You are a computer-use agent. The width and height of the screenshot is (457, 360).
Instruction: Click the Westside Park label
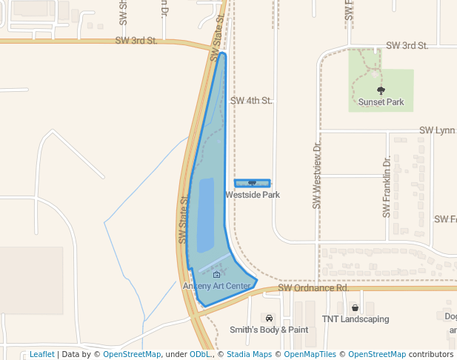pos(253,195)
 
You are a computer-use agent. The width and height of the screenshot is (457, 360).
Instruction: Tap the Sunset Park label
pos(381,102)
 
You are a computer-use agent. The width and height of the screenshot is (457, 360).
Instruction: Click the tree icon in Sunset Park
pos(381,91)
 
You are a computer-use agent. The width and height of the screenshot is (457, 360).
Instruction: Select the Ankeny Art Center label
pos(217,286)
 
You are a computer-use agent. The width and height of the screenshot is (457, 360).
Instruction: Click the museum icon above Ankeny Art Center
pos(216,275)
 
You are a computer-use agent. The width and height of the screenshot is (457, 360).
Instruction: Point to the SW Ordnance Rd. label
pos(313,287)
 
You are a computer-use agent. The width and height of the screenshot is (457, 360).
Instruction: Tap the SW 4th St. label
pos(251,100)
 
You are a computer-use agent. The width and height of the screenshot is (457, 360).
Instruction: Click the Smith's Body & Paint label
pos(269,330)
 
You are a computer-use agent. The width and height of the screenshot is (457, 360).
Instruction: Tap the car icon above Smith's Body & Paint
pos(269,319)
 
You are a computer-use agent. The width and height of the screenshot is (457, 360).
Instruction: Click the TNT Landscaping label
pos(355,319)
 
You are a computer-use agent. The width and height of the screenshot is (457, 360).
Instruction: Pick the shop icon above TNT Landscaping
pos(355,307)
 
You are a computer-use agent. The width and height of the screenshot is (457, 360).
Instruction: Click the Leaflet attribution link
pos(41,354)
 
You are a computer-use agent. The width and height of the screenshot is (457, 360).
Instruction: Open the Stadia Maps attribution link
pos(249,354)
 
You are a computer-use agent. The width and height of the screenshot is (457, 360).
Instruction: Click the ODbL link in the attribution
pos(201,354)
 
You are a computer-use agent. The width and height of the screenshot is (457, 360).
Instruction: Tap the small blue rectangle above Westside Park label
pos(253,183)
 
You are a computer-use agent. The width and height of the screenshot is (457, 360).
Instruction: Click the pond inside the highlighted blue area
pos(205,215)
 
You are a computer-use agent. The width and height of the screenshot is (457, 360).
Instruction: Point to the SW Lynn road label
pos(437,130)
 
